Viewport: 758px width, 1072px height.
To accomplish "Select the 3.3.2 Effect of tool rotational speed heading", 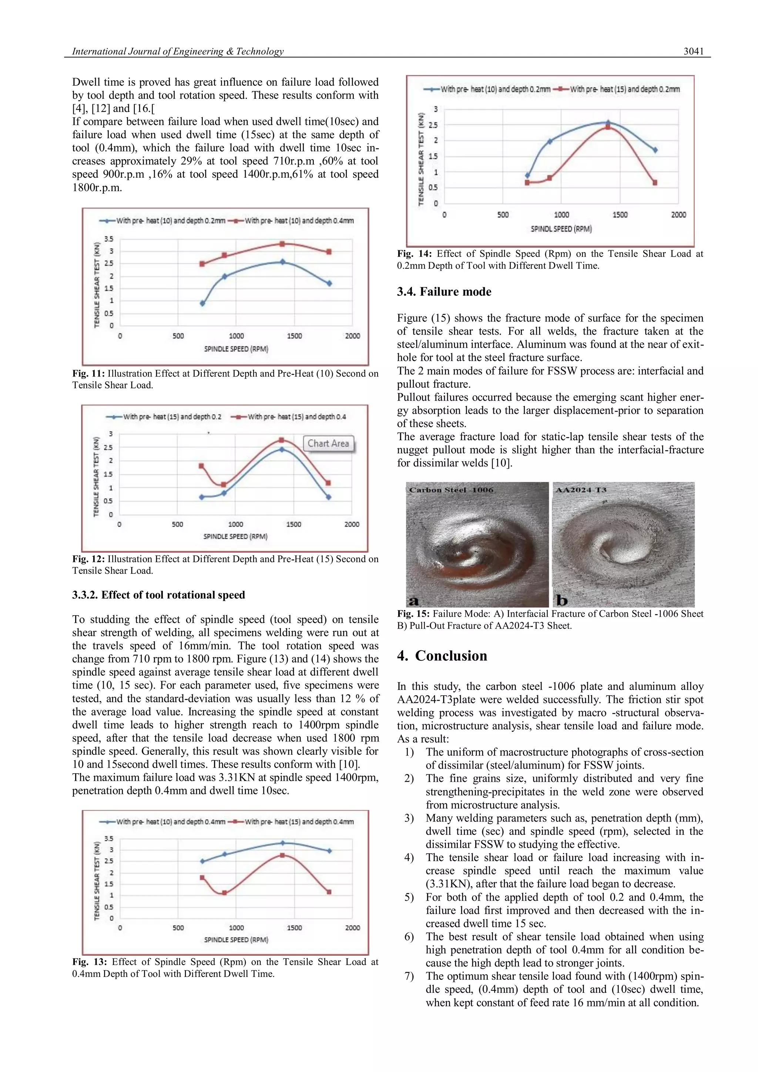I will tap(158, 595).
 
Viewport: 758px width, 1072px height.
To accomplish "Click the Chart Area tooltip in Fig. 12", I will tap(328, 443).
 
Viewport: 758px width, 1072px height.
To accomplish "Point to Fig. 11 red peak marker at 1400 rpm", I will tap(282, 244).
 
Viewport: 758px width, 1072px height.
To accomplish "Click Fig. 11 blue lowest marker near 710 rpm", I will tap(202, 304).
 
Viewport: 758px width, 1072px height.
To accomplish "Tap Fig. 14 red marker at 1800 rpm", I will tap(655, 183).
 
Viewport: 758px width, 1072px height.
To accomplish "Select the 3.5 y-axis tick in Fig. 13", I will tap(108, 838).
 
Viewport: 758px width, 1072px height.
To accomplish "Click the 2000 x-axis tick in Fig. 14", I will tap(678, 215).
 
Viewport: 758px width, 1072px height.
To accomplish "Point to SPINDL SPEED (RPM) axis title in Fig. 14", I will tap(561, 229).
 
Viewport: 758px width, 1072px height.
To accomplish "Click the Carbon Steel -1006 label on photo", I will tap(451, 490).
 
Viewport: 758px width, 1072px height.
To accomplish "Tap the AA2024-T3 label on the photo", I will tap(581, 490).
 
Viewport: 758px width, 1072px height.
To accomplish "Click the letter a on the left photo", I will tap(413, 600).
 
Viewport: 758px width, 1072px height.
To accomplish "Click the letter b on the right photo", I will tap(561, 600).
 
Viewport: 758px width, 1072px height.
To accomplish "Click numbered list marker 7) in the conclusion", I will tap(409, 976).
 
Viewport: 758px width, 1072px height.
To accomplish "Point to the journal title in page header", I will tap(178, 52).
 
